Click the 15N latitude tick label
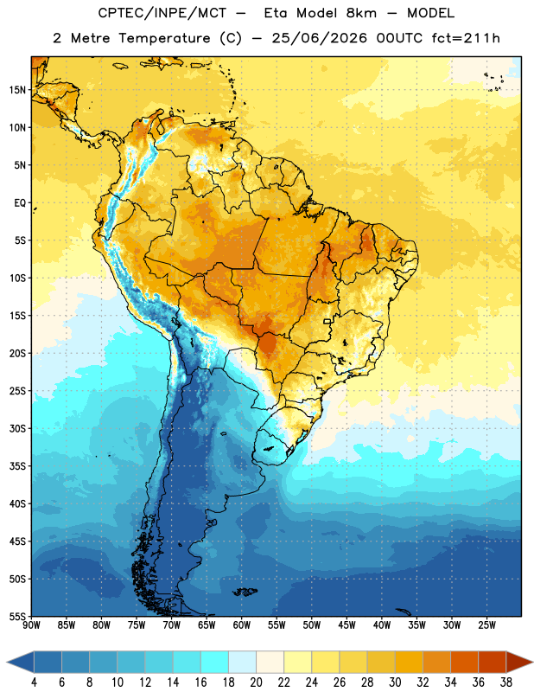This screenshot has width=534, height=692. pyautogui.click(x=17, y=90)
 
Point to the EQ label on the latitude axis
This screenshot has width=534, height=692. pyautogui.click(x=20, y=203)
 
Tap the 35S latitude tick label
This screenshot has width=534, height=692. pyautogui.click(x=17, y=466)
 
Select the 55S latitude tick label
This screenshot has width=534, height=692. pyautogui.click(x=17, y=616)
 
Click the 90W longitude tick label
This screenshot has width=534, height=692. pyautogui.click(x=31, y=625)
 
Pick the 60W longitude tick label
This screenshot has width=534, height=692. pyautogui.click(x=242, y=625)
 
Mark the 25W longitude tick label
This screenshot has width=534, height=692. pyautogui.click(x=486, y=625)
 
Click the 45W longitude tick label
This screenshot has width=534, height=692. pyautogui.click(x=346, y=625)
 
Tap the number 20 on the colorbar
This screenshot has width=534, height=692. pyautogui.click(x=256, y=682)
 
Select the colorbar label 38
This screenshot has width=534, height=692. pyautogui.click(x=506, y=682)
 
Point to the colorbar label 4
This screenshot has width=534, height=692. pyautogui.click(x=34, y=682)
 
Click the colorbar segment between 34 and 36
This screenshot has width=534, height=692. pyautogui.click(x=464, y=662)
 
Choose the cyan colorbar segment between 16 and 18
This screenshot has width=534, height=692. pyautogui.click(x=214, y=662)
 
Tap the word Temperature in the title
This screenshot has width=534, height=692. pyautogui.click(x=164, y=38)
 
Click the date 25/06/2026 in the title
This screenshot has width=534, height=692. pyautogui.click(x=319, y=38)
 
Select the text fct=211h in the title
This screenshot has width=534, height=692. pyautogui.click(x=466, y=38)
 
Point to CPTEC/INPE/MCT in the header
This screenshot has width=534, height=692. pyautogui.click(x=162, y=13)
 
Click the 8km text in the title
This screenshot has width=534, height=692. pyautogui.click(x=361, y=13)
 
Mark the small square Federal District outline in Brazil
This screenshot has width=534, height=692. pyautogui.click(x=327, y=321)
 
